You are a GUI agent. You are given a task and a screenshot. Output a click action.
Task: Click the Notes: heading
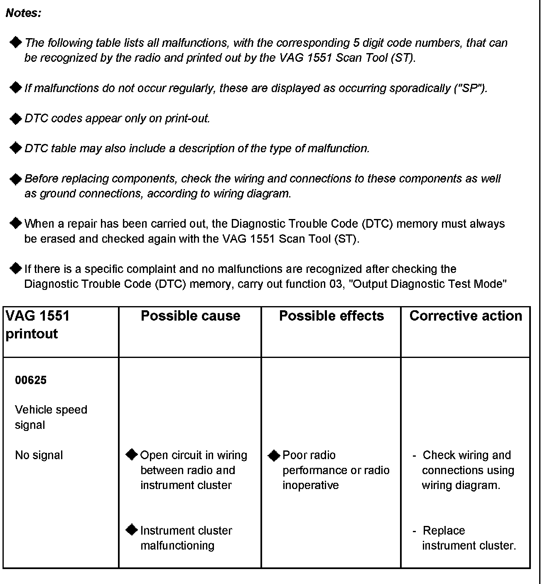click(24, 13)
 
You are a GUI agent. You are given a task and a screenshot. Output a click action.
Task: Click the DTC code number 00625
click(31, 380)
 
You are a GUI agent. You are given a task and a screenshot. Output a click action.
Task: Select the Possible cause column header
click(190, 316)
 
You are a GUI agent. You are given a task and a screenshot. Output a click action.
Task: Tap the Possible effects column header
click(331, 316)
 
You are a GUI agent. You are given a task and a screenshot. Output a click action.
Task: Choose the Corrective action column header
click(466, 316)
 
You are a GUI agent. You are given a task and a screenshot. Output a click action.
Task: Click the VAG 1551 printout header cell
click(37, 325)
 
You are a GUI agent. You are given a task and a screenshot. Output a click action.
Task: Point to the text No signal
click(39, 455)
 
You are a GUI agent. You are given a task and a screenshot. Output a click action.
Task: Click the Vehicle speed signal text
click(51, 417)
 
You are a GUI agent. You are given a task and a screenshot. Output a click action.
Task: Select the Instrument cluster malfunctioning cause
click(186, 538)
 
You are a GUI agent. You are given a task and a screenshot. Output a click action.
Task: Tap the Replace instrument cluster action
click(469, 538)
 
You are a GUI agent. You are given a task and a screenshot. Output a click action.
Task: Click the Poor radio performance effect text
click(336, 470)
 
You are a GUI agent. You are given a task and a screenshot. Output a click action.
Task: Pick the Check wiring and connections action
click(467, 470)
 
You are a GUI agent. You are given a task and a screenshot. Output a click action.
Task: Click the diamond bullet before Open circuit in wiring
click(132, 455)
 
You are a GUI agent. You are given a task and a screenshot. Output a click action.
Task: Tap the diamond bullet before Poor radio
click(274, 455)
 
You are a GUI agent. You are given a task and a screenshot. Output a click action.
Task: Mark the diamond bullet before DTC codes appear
click(15, 119)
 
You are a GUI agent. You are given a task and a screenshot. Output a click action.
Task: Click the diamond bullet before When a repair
click(15, 224)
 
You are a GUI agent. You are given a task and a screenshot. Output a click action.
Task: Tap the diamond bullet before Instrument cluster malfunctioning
click(132, 530)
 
